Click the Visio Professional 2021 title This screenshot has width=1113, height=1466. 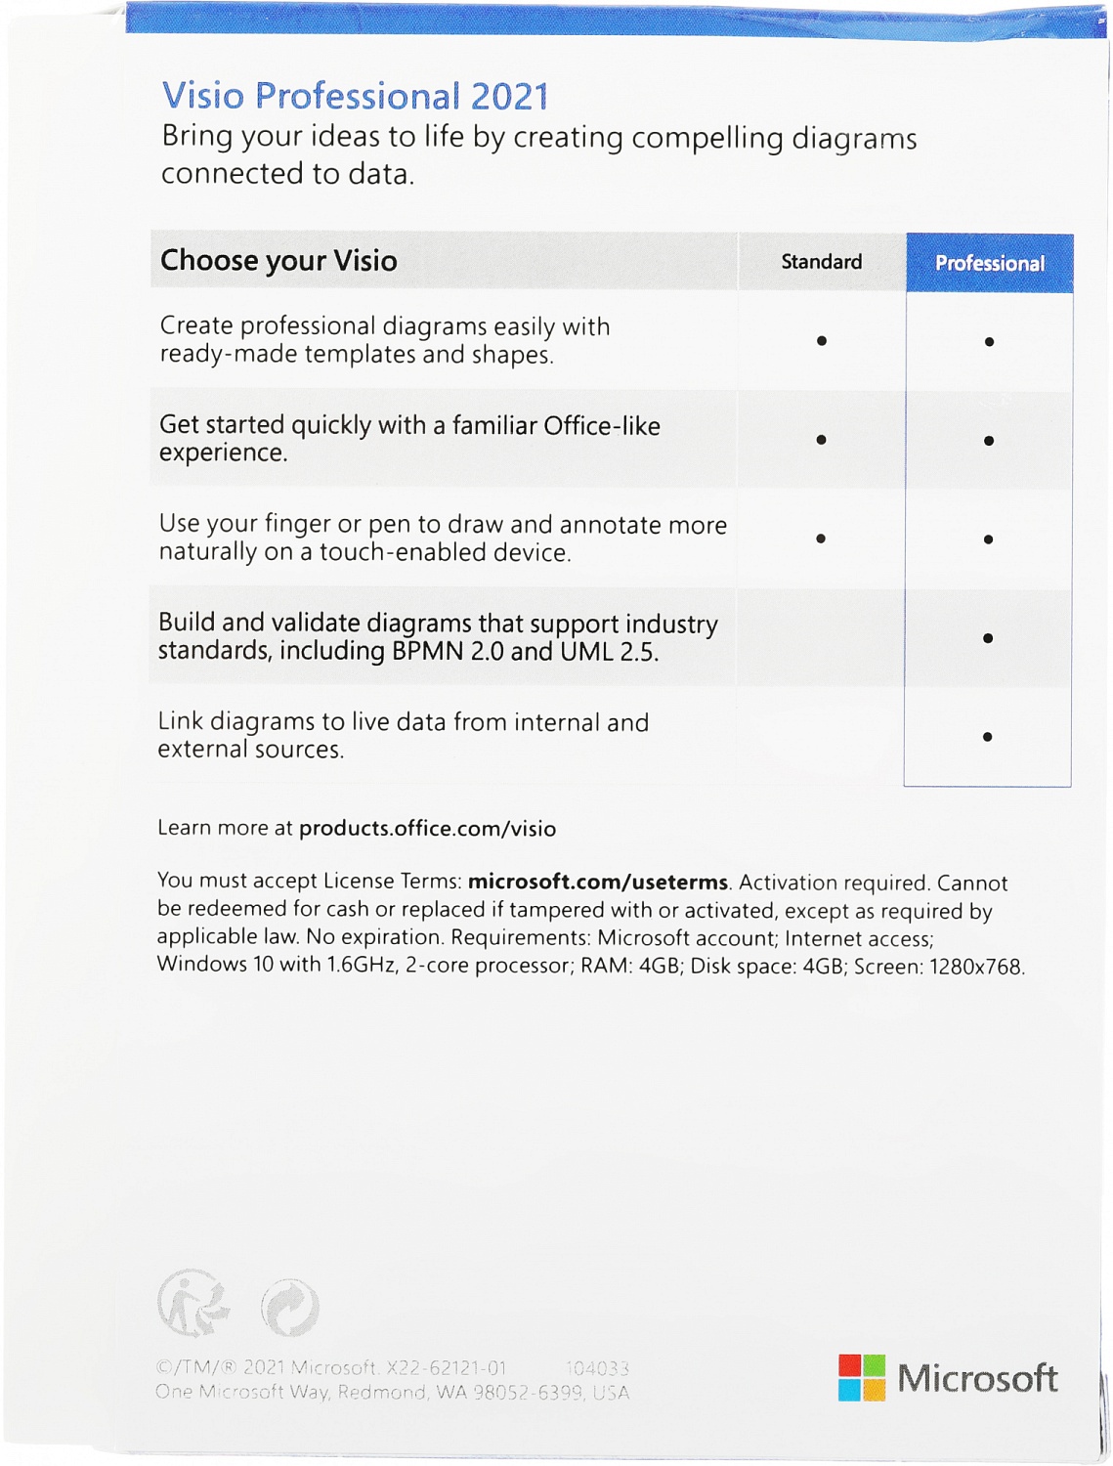pyautogui.click(x=355, y=96)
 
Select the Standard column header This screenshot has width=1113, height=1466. pyautogui.click(x=821, y=262)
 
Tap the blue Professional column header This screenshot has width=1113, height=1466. pyautogui.click(x=989, y=263)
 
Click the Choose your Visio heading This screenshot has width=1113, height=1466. pyautogui.click(x=278, y=260)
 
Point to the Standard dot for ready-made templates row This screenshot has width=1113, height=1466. pyautogui.click(x=822, y=341)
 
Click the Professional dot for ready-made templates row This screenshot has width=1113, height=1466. pyautogui.click(x=990, y=342)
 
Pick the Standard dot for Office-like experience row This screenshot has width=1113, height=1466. pyautogui.click(x=822, y=440)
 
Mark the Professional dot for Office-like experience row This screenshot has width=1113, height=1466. pyautogui.click(x=989, y=441)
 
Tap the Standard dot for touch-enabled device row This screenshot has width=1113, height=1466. pyautogui.click(x=821, y=539)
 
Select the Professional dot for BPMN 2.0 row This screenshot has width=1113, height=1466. pyautogui.click(x=988, y=638)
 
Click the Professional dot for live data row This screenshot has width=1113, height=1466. pyautogui.click(x=988, y=737)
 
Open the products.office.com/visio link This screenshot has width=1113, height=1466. pyautogui.click(x=427, y=829)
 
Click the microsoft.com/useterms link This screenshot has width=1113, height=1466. pyautogui.click(x=597, y=882)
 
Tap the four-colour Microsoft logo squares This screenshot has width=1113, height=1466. pyautogui.click(x=861, y=1377)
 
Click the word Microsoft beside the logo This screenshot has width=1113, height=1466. pyautogui.click(x=977, y=1378)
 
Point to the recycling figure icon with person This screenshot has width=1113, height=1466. pyautogui.click(x=193, y=1304)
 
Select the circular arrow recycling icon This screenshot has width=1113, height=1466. pyautogui.click(x=290, y=1307)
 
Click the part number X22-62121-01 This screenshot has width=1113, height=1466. pyautogui.click(x=447, y=1368)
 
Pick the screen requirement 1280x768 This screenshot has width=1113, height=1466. pyautogui.click(x=975, y=967)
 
